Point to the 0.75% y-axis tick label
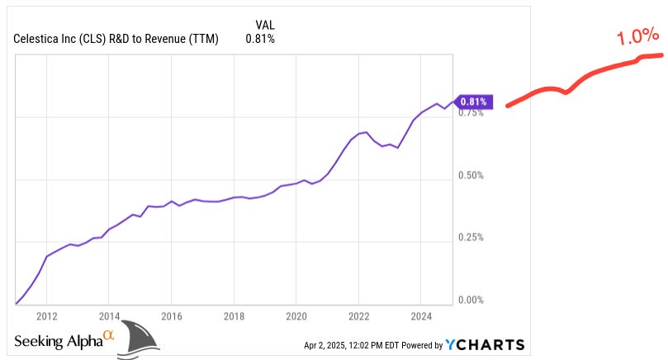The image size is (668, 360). coord(471,113)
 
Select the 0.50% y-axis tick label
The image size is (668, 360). coord(471,176)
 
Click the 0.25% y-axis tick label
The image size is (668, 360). coord(471,238)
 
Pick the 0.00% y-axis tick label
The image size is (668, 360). coord(471,300)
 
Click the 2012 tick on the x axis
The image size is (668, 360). coord(47,316)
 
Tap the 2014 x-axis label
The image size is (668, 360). coord(110,316)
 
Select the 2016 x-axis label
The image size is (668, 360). coord(172,316)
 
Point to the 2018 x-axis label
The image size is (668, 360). coord(234,316)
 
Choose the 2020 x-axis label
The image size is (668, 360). coord(296,316)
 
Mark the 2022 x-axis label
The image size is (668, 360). coord(358,316)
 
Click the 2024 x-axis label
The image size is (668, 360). coord(420,316)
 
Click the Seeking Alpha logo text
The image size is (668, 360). coord(58,340)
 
